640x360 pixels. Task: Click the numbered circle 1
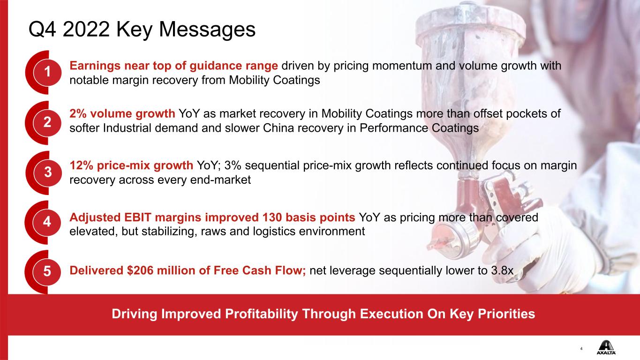click(47, 72)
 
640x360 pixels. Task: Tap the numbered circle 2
click(47, 122)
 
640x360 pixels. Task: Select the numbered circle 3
click(48, 172)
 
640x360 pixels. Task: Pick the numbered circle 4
click(47, 222)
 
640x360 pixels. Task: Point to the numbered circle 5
click(47, 271)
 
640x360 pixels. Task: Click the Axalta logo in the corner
click(606, 347)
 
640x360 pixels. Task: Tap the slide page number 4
click(581, 349)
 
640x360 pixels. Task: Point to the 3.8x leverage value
click(502, 270)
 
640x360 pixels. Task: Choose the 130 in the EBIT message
click(272, 217)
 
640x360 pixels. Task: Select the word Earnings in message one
click(95, 66)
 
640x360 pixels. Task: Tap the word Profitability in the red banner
click(262, 314)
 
